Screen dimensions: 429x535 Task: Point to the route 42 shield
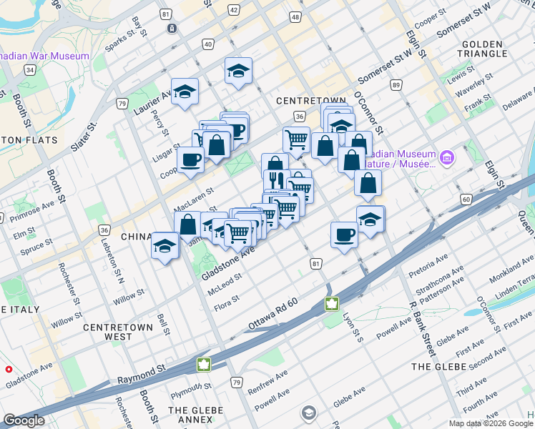(235, 10)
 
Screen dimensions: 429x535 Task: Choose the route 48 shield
(295, 17)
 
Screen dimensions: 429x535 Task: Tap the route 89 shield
(396, 86)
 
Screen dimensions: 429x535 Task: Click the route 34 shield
(29, 69)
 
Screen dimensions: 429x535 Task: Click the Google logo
(24, 420)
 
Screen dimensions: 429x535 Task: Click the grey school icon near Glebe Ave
(308, 413)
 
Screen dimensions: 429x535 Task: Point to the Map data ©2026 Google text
(491, 423)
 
